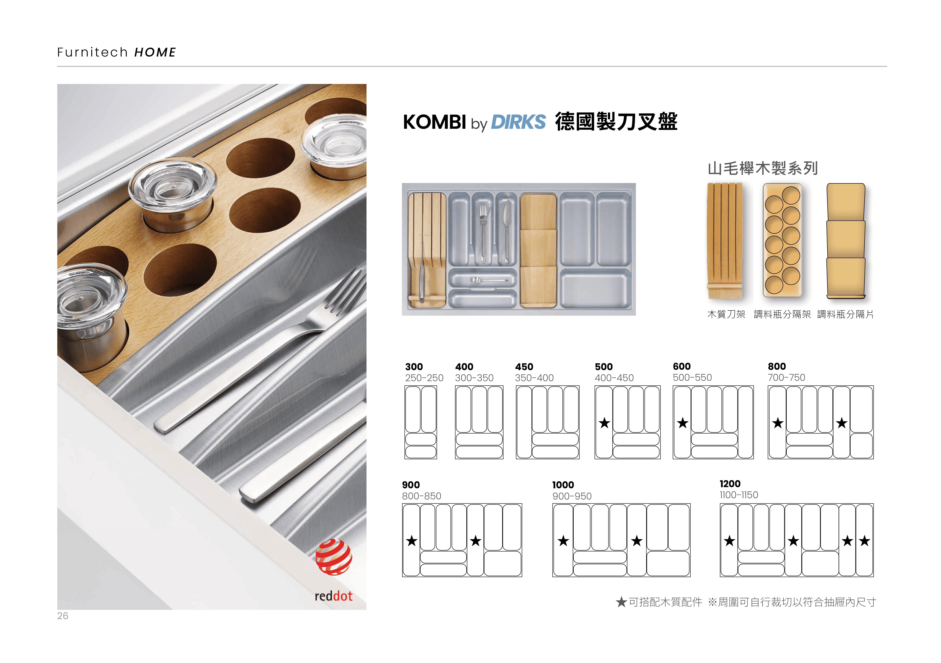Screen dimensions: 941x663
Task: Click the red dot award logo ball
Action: point(334,557)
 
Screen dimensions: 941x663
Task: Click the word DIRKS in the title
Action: point(518,122)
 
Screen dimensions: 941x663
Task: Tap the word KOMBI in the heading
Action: point(434,122)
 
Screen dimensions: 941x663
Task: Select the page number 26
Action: point(63,616)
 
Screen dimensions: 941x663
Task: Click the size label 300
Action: point(414,367)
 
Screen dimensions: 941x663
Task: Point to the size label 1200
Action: point(730,484)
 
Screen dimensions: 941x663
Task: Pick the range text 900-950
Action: point(572,496)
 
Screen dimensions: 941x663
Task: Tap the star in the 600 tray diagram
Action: point(682,423)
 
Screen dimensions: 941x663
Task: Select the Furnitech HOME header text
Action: point(116,53)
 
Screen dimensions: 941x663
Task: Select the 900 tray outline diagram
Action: point(462,540)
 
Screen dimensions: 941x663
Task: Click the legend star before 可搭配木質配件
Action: point(621,602)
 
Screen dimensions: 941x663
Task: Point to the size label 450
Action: point(524,367)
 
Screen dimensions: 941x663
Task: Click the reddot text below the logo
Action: point(334,596)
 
